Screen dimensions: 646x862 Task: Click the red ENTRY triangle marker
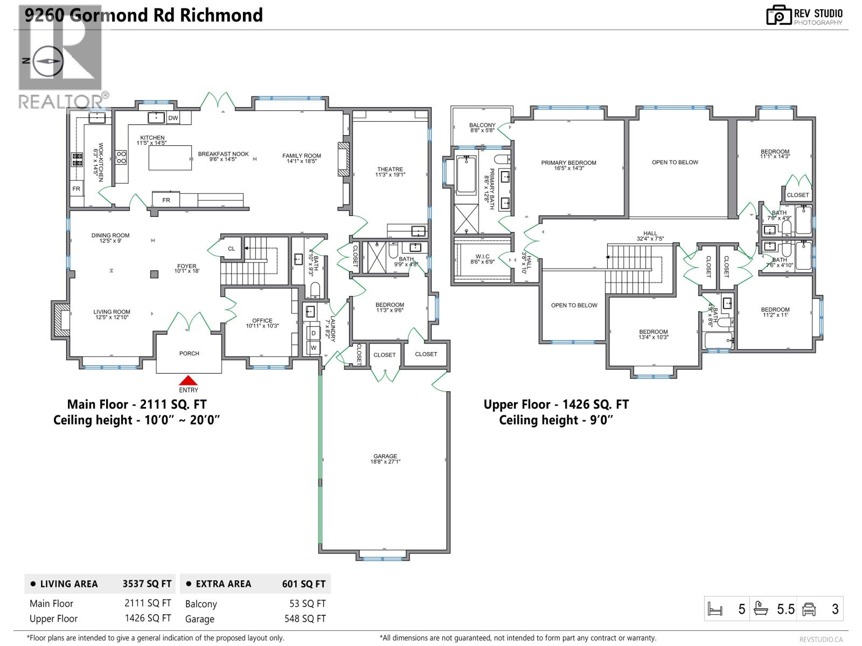point(188,380)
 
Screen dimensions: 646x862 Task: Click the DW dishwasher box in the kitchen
point(173,118)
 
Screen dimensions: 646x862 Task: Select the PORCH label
point(189,354)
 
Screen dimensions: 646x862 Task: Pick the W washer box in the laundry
point(313,348)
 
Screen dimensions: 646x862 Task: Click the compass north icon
point(48,61)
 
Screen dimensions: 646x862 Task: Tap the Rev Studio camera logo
point(778,15)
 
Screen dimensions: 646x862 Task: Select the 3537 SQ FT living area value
point(147,584)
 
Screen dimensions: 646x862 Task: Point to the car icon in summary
point(809,609)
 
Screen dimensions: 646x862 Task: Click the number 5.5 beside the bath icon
point(785,609)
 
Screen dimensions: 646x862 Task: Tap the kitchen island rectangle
point(170,157)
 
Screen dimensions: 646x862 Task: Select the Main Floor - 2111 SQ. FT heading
point(136,404)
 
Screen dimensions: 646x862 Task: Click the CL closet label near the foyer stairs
point(231,249)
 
